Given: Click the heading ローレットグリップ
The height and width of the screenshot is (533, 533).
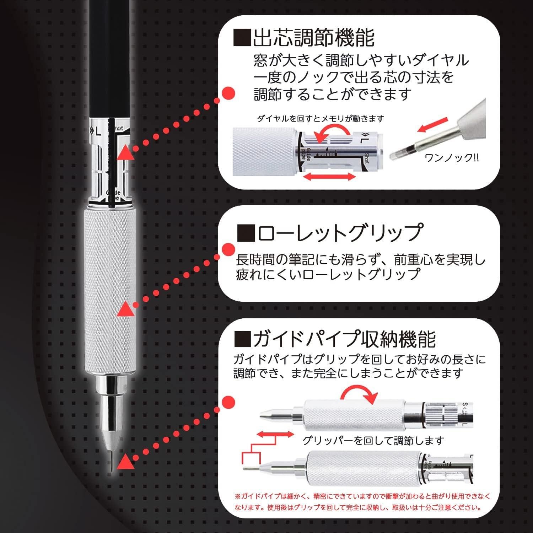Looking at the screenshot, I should tap(339, 233).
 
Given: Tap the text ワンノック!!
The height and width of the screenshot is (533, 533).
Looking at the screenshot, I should tap(452, 158).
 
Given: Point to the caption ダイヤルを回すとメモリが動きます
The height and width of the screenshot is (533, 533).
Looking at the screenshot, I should tap(321, 119).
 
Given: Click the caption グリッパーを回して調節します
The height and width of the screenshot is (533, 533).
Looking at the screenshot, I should tap(373, 441).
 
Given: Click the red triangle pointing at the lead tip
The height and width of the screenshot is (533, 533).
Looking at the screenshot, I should tap(125, 462).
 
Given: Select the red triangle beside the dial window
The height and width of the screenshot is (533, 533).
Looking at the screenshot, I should tap(126, 152).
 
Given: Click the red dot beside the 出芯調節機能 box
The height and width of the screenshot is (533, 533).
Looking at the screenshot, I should tap(228, 94).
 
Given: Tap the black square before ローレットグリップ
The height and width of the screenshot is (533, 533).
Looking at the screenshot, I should tap(246, 233).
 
